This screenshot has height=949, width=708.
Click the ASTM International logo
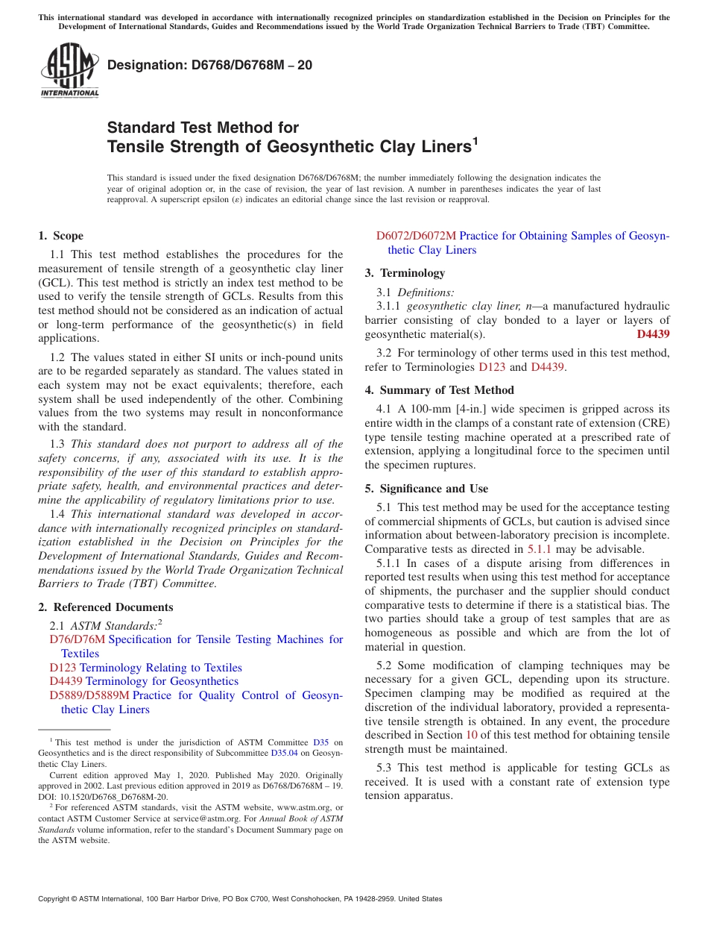(x=69, y=70)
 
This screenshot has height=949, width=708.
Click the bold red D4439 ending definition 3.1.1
(x=653, y=334)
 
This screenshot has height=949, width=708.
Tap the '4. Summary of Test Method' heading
(x=439, y=390)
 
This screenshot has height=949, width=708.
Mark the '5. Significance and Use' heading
(x=426, y=489)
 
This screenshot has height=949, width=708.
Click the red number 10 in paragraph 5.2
(x=471, y=736)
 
